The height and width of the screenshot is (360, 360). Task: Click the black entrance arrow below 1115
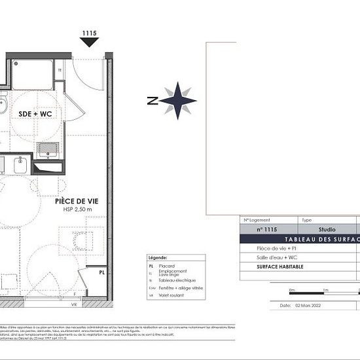[90, 42]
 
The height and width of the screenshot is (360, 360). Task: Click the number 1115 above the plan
[90, 32]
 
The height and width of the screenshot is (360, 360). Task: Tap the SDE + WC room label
[35, 113]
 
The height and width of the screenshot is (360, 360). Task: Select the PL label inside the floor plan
[102, 272]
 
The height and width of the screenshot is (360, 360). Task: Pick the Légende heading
[159, 258]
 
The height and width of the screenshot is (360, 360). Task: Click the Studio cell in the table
[327, 230]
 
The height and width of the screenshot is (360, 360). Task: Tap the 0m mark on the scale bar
[292, 289]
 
